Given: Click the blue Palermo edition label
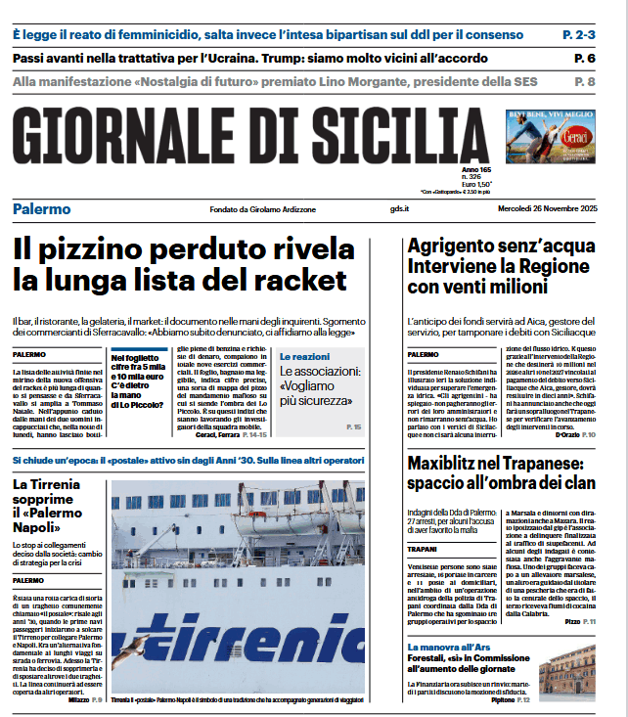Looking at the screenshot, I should coord(42,208).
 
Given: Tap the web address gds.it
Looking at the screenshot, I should coord(399,208).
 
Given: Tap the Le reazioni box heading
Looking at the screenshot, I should coord(305,357).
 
